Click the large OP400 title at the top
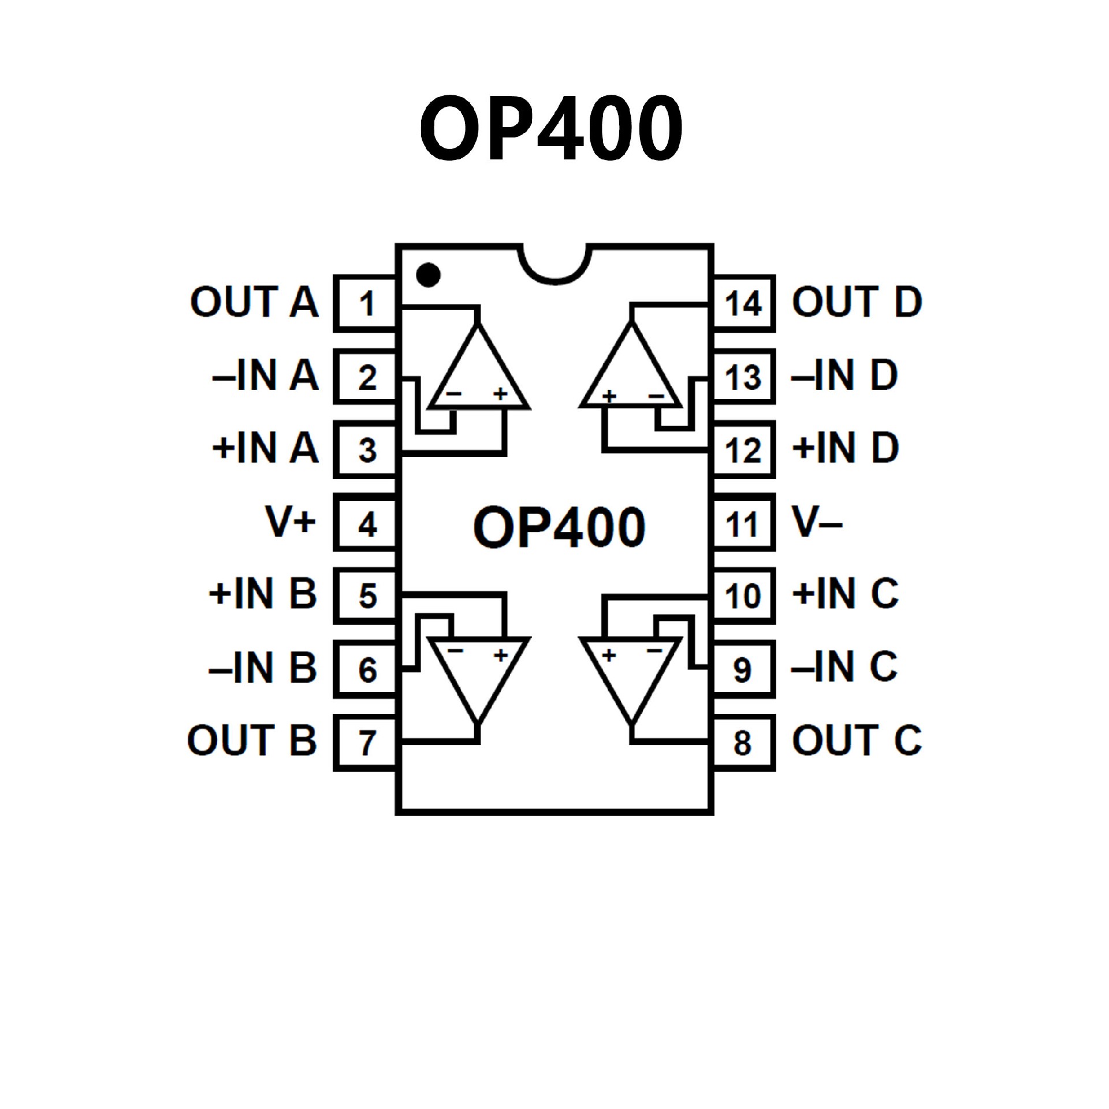point(552,128)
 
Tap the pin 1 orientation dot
point(428,275)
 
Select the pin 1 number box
point(366,303)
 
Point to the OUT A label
point(254,302)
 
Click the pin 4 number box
point(366,523)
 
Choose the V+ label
point(291,522)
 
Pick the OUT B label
point(252,740)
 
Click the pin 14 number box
point(744,303)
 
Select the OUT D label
point(857,302)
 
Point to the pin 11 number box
point(744,523)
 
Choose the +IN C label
point(846,594)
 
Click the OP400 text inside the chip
point(559,527)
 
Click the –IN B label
point(263,668)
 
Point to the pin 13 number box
point(744,377)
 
